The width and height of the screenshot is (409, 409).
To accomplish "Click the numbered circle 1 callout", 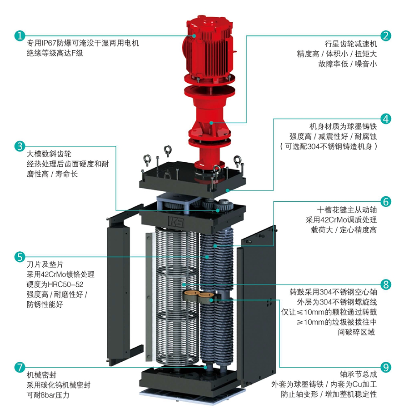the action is click(20, 36).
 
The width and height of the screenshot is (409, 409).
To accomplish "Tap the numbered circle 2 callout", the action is click(385, 36).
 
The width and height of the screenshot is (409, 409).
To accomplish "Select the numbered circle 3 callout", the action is click(20, 146).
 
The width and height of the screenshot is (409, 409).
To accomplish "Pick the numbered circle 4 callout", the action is click(385, 119).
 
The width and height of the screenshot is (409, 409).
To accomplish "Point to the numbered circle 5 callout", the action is click(20, 257).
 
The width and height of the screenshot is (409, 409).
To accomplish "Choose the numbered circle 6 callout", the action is click(385, 202).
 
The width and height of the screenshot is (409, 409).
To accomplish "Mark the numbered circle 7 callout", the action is click(20, 367).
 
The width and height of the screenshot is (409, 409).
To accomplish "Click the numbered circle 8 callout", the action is click(385, 284).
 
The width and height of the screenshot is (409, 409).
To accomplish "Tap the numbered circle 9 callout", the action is click(385, 367).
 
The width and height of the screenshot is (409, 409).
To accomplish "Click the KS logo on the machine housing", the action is click(176, 222).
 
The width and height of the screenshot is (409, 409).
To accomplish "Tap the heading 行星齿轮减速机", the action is click(350, 44).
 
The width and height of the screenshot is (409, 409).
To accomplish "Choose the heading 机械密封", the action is click(41, 375).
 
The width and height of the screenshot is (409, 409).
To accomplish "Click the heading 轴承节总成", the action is click(358, 374).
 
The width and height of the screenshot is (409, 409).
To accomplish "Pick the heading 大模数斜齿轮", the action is click(49, 154).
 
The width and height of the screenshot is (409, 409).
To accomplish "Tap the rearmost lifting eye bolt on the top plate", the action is click(167, 150).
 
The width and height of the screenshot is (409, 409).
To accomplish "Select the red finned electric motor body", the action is click(209, 48).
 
